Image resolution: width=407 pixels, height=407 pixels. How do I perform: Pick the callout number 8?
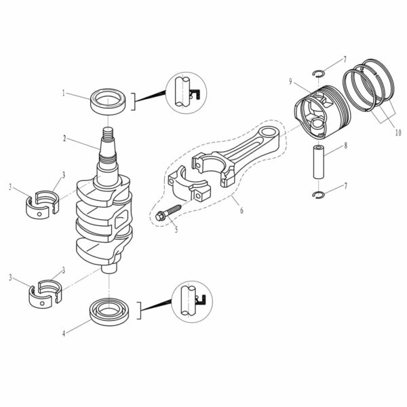tap(345, 145)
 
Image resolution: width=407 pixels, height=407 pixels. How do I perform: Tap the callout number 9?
tap(290, 81)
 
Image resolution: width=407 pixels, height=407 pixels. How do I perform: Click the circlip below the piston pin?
tap(321, 197)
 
